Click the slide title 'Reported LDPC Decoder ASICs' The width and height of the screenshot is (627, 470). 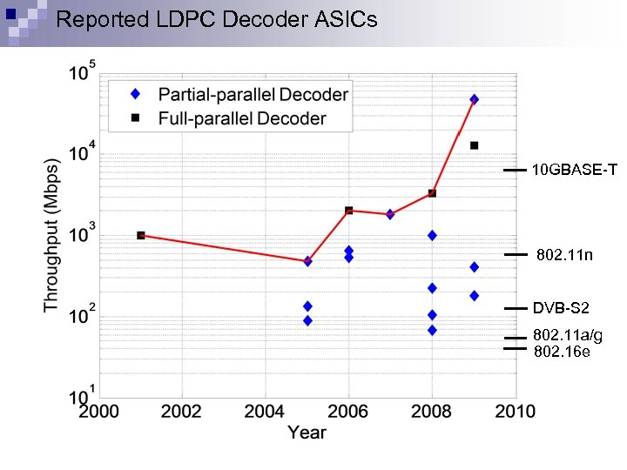click(217, 19)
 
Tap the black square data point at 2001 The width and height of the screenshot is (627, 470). click(141, 235)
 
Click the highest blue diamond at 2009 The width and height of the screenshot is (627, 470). click(474, 99)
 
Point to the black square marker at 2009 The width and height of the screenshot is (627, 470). click(474, 145)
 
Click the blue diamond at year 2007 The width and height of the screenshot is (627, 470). click(390, 214)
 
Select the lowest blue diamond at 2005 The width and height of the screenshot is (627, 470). click(307, 320)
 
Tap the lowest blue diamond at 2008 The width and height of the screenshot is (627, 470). click(432, 330)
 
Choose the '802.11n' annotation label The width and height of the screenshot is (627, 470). click(564, 255)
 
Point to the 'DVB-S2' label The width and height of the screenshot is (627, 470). click(561, 307)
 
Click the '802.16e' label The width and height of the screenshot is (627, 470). click(561, 351)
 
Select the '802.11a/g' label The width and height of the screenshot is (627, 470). click(567, 335)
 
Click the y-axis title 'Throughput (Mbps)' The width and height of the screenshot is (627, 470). click(51, 234)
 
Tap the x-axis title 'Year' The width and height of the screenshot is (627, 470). click(307, 432)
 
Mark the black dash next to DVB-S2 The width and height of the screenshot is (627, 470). click(516, 308)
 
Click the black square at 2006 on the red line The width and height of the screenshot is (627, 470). click(348, 210)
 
